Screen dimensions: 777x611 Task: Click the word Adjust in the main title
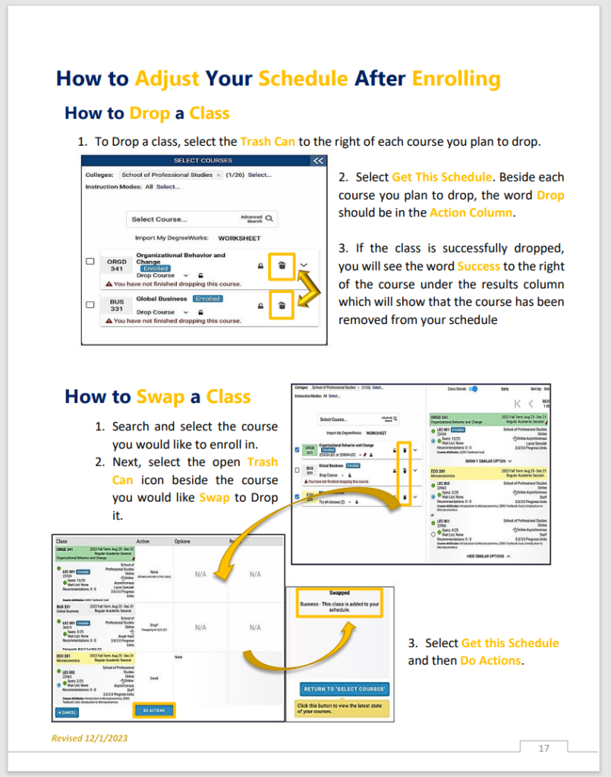click(167, 78)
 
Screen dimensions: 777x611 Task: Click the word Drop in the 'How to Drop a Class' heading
click(150, 113)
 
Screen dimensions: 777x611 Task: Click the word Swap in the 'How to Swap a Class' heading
click(160, 396)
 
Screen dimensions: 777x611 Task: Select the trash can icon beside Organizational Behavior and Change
click(282, 265)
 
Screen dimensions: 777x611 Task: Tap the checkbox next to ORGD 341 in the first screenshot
click(90, 262)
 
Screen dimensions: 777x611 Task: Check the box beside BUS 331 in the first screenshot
click(90, 304)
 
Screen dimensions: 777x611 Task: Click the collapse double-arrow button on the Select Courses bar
click(318, 160)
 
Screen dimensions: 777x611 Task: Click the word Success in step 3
click(478, 266)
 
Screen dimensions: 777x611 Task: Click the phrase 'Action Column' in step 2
click(471, 212)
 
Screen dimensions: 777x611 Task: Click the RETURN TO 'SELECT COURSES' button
click(345, 689)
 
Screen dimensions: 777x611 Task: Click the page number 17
click(543, 748)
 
